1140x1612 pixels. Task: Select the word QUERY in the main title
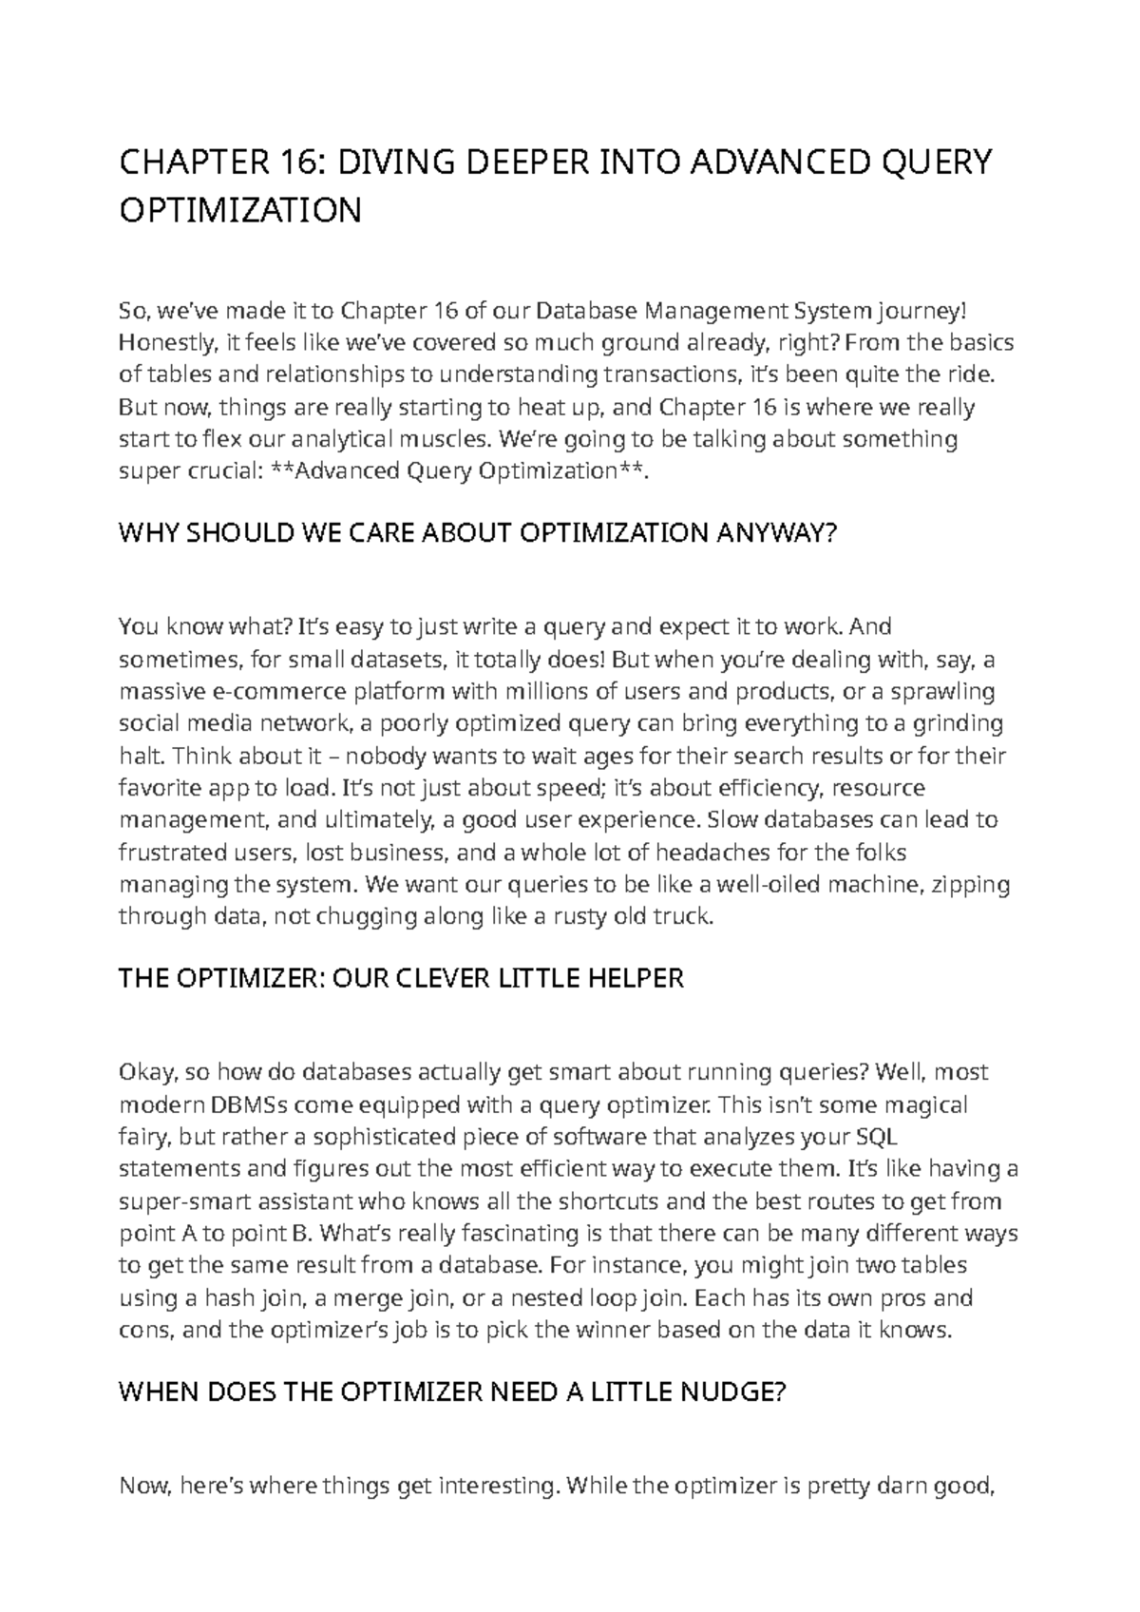[936, 163]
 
